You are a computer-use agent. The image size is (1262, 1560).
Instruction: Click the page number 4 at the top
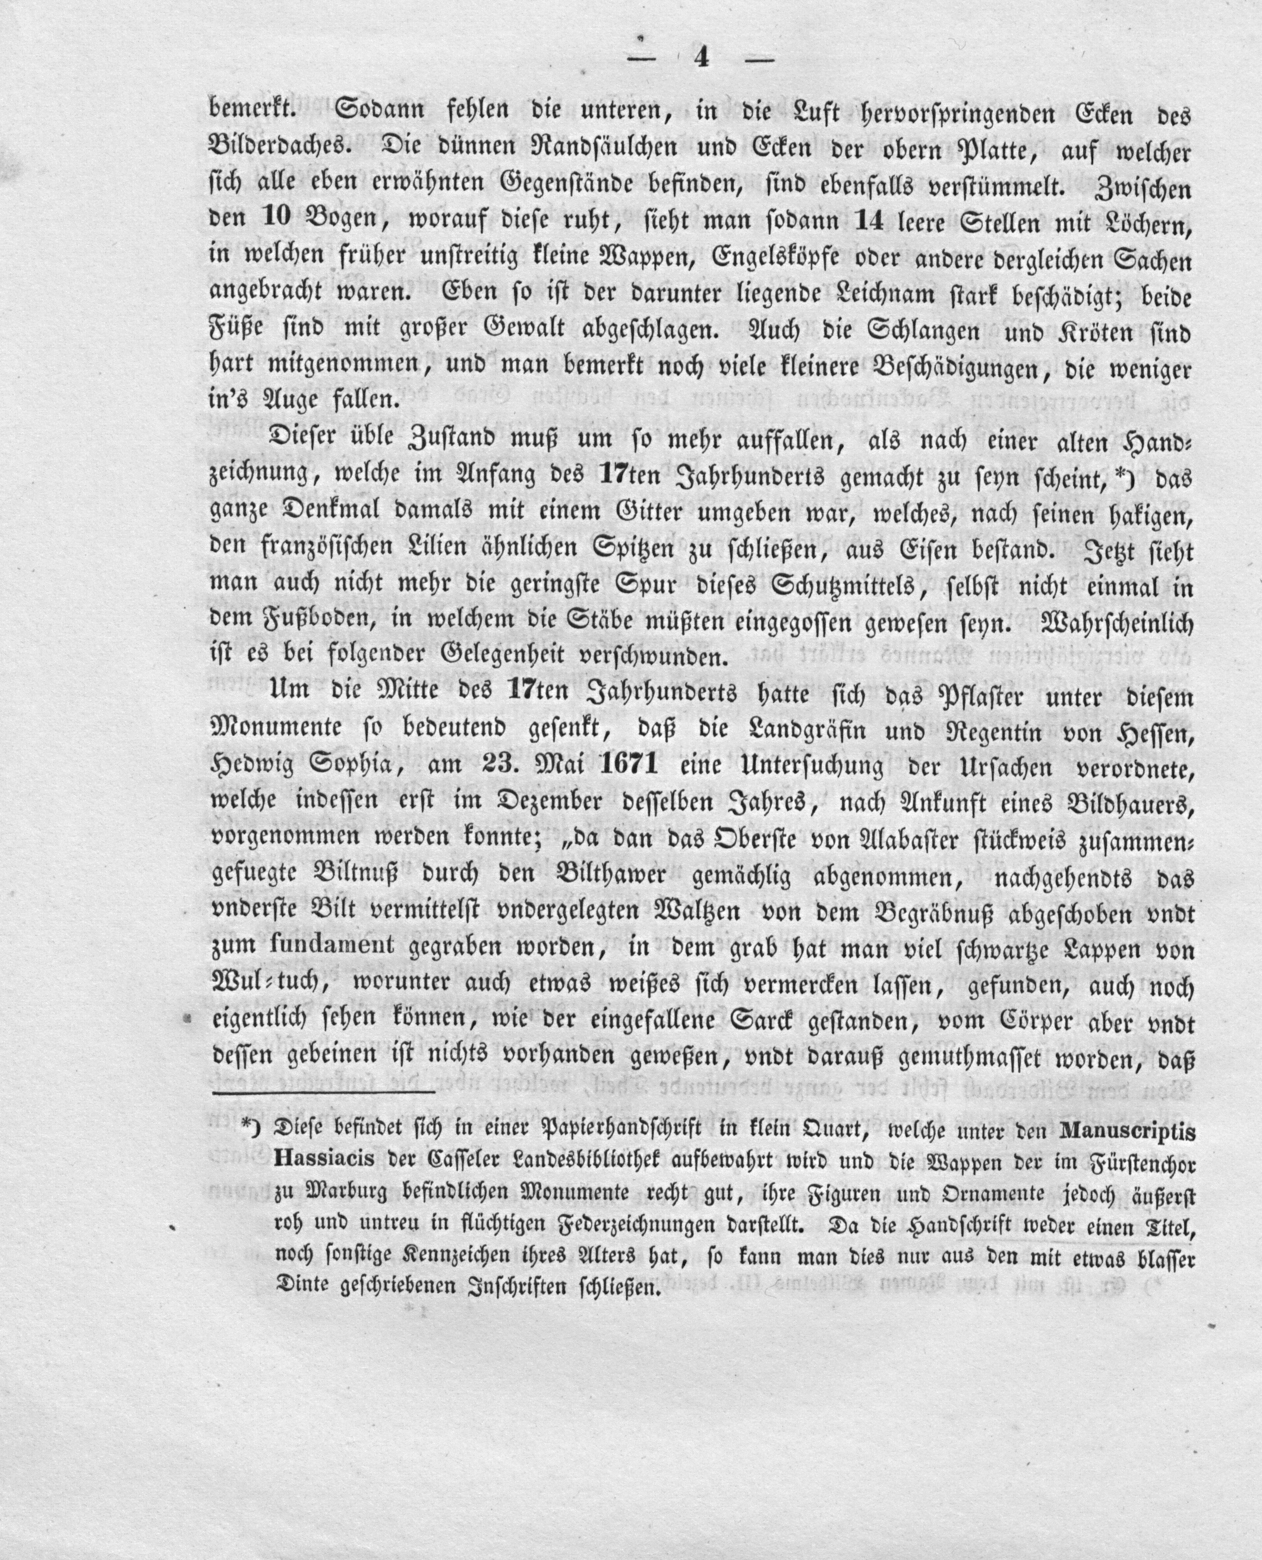(x=702, y=58)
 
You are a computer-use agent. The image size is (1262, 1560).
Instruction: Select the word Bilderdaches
(x=276, y=153)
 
